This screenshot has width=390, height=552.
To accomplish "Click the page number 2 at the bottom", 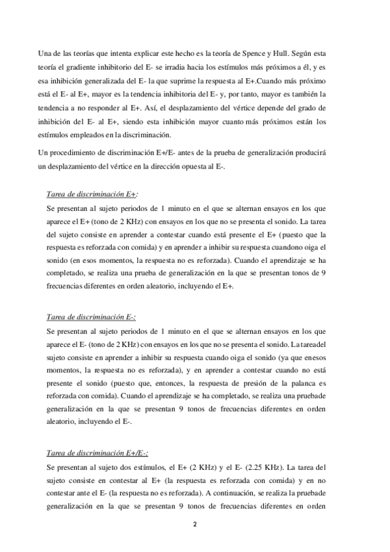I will [194, 524].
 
